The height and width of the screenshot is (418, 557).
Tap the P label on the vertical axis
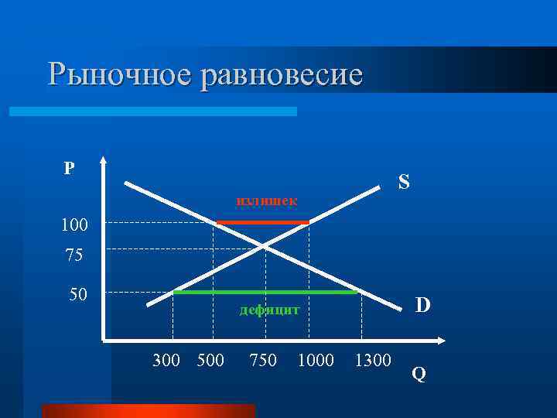tap(70, 168)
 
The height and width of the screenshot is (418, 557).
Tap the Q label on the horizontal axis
tap(419, 375)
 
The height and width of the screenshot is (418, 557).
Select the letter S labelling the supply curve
tap(403, 182)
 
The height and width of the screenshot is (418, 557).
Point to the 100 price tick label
tap(75, 225)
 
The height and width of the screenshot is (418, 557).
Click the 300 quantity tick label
tap(166, 360)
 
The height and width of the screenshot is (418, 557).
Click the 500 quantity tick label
tap(210, 360)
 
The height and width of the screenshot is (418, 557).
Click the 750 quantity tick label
tap(263, 360)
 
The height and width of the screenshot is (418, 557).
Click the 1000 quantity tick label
tap(316, 360)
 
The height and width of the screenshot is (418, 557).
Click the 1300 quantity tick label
tap(373, 360)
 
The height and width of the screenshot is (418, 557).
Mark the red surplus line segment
tap(263, 222)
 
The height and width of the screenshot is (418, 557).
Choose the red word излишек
tap(266, 201)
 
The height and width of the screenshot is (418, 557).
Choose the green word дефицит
tap(268, 310)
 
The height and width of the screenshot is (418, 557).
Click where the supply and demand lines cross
tap(264, 245)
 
